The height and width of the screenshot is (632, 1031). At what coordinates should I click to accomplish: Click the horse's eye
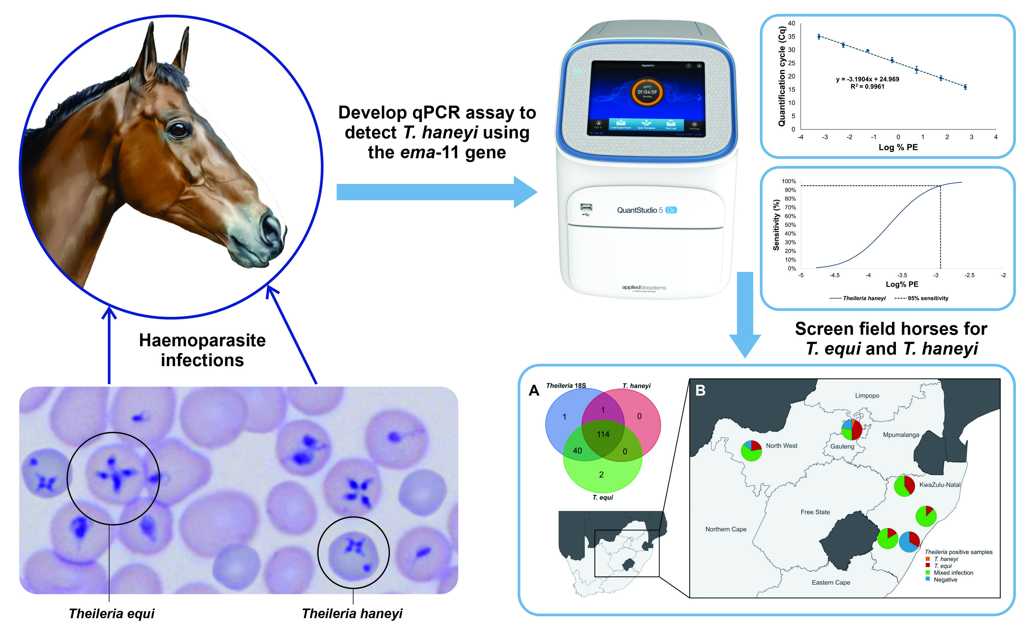[178, 129]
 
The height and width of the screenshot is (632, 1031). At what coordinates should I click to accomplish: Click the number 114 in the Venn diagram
[603, 434]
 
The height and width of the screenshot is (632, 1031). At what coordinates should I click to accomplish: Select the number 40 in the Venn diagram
[577, 451]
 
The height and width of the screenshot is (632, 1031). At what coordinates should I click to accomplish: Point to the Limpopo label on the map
[867, 395]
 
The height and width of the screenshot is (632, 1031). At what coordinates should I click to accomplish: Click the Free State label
[815, 512]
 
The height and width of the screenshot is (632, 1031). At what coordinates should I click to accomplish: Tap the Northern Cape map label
[726, 529]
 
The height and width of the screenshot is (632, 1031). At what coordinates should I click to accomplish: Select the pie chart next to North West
[751, 451]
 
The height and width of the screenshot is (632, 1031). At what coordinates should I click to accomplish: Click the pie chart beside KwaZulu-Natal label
[904, 486]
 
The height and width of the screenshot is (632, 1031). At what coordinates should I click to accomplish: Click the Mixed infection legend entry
[953, 572]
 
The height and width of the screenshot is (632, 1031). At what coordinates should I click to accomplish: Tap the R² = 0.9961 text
[868, 87]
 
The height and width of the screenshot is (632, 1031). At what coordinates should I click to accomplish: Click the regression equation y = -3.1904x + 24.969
[868, 79]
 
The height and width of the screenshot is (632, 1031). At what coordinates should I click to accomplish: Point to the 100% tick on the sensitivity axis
[789, 181]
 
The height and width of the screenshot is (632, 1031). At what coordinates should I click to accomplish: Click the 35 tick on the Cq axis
[791, 36]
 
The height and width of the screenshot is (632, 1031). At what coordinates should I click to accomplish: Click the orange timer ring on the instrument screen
[647, 92]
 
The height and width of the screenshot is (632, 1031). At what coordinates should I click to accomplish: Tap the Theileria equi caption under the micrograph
[112, 614]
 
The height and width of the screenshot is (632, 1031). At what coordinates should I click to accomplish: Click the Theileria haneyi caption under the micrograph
[352, 614]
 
